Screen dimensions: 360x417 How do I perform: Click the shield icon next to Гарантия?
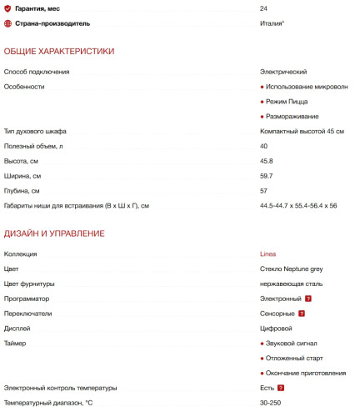coord(7,8)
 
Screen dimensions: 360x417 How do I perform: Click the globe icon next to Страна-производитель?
coord(7,23)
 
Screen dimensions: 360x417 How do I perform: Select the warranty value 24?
coord(263,8)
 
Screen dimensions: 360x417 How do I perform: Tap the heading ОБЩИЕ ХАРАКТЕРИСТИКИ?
coord(59,52)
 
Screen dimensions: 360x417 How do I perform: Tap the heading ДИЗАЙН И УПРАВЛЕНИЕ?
coord(54,234)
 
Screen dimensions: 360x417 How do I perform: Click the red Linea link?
coord(267,254)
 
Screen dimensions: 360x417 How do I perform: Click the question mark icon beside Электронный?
coord(308,299)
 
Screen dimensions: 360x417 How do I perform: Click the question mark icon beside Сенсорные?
coord(302,314)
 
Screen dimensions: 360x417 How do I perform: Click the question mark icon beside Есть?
coord(281,388)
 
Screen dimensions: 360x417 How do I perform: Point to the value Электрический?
coord(283,72)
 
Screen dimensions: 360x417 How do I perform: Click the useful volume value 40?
coord(263,146)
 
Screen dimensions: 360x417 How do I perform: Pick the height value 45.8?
coord(267,161)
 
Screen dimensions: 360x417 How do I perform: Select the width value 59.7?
coord(267,176)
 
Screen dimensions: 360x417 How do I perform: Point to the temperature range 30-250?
coord(271,403)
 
